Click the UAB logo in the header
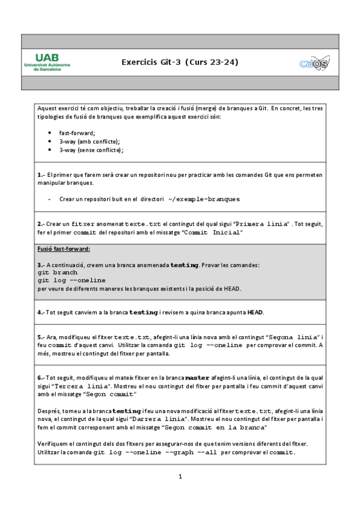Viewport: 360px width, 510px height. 47,61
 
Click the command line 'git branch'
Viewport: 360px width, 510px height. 58,272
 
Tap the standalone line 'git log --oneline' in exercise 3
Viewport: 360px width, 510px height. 71,280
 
